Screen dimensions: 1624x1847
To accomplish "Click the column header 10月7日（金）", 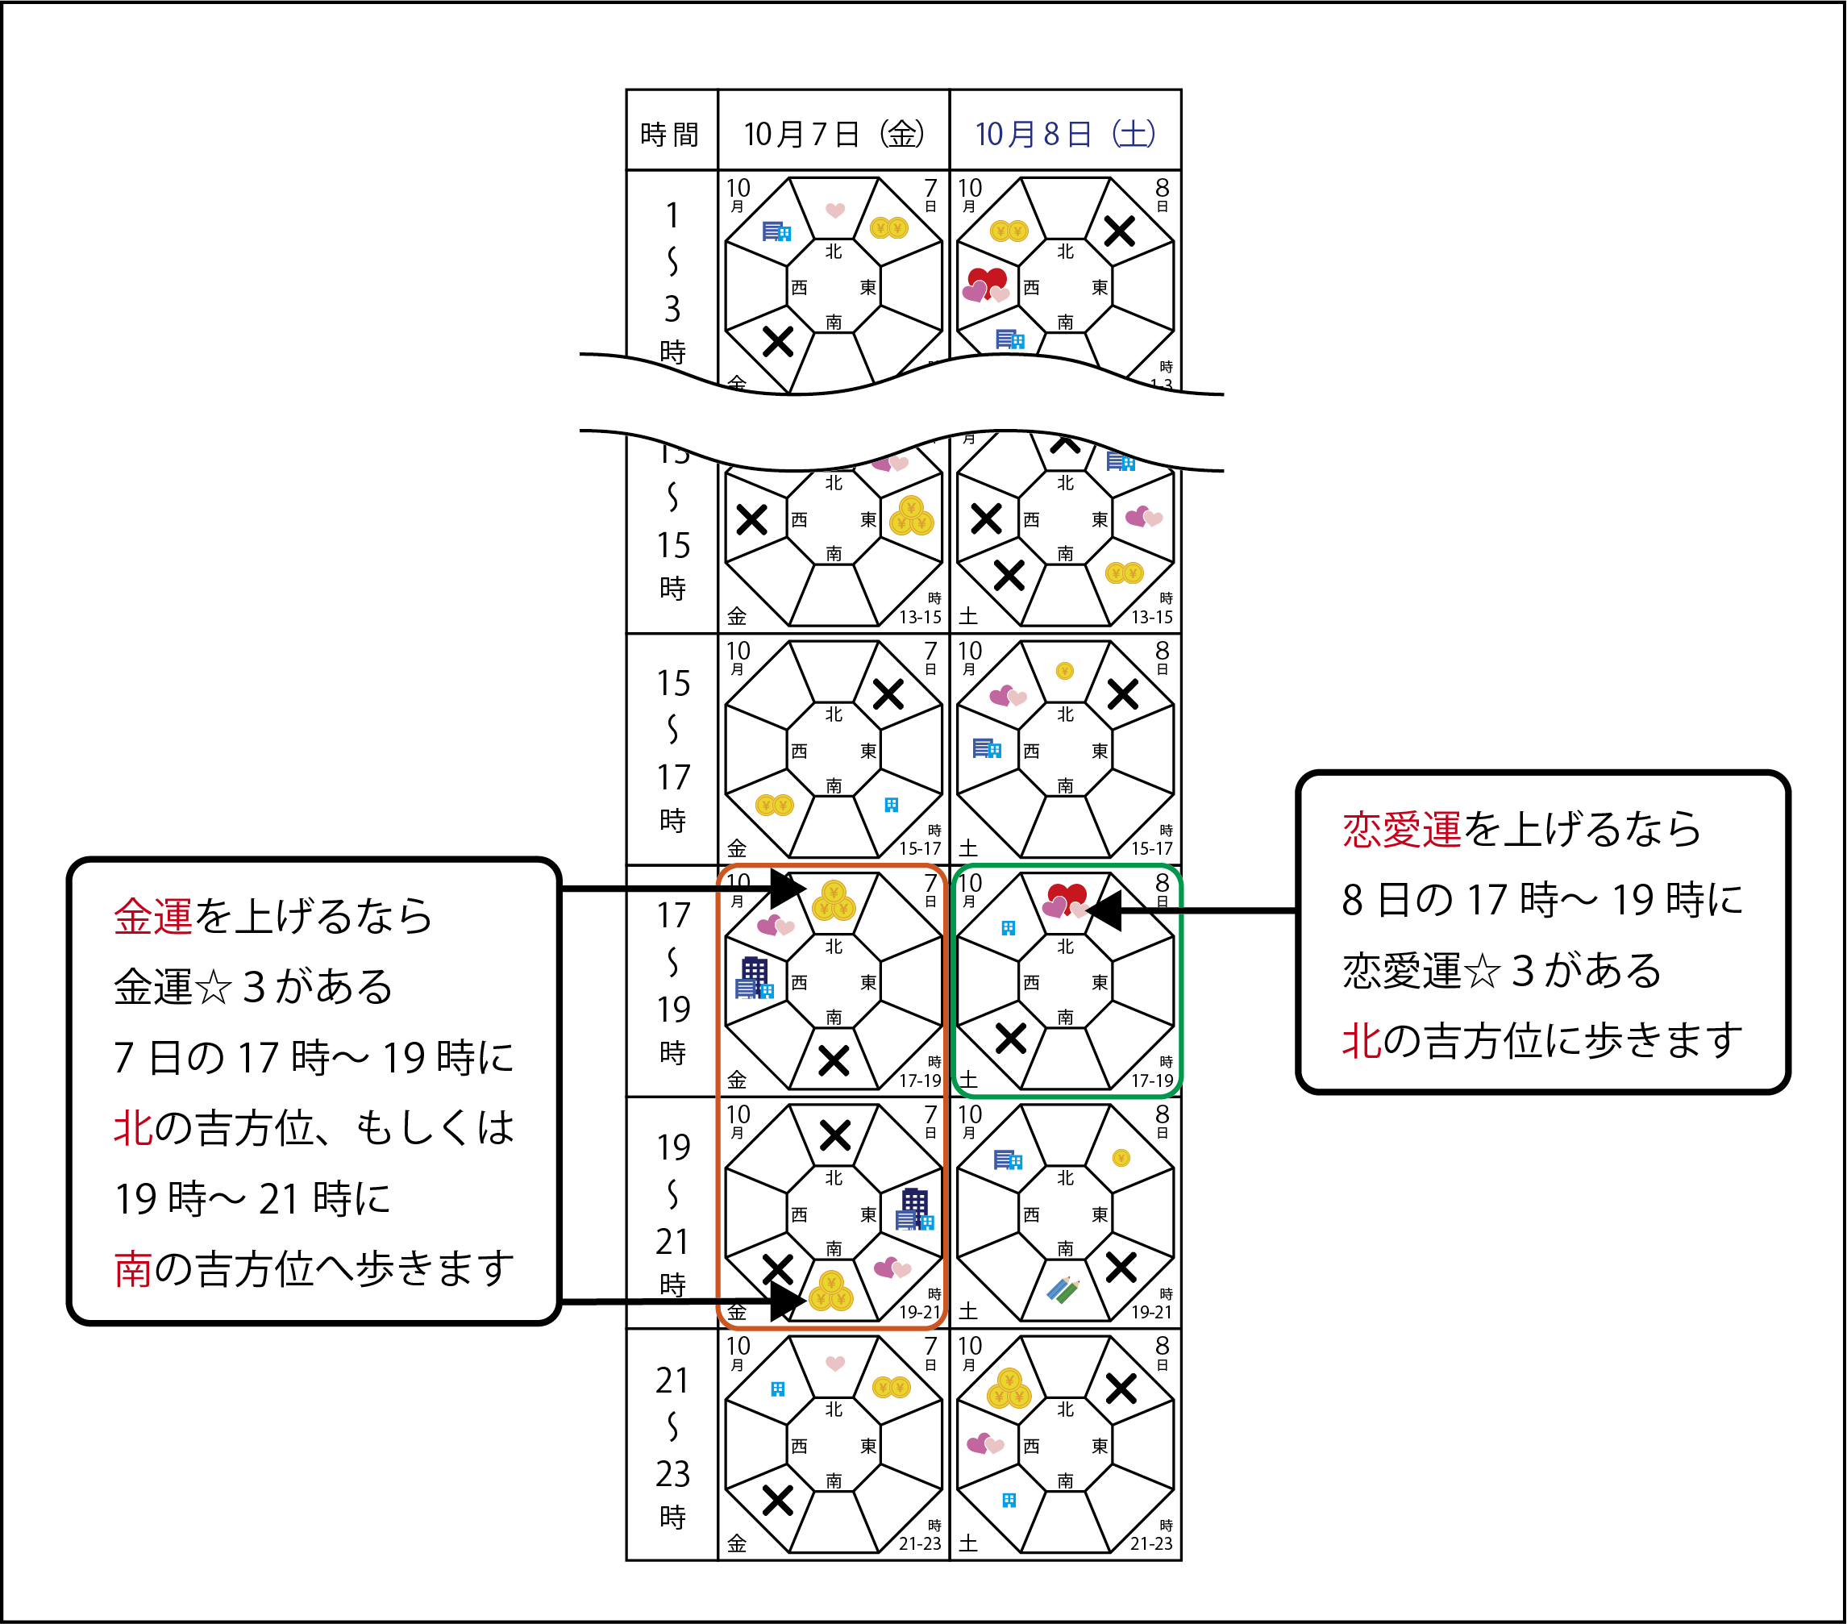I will pos(833,134).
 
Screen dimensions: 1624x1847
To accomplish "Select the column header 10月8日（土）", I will pos(1064,134).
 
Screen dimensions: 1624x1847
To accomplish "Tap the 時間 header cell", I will pos(670,135).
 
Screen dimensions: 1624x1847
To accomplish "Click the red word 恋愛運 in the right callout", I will pos(1400,830).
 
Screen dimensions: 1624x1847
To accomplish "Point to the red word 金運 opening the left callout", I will pos(152,916).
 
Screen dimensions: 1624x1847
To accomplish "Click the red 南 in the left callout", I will pos(132,1269).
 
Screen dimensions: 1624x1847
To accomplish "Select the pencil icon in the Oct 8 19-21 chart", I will pos(1063,1289).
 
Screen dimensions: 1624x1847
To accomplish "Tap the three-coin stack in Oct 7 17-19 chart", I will pos(833,901).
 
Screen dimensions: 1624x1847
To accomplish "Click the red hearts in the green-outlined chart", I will pos(1065,900).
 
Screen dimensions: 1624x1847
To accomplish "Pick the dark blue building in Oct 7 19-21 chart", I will pos(914,1210).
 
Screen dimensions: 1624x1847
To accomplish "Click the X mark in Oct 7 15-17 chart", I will pos(888,694).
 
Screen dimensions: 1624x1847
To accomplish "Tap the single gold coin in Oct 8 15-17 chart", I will pos(1064,671).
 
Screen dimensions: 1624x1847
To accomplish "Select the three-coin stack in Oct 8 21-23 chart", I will pos(1009,1389).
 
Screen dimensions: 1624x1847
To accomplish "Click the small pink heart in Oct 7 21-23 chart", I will pos(835,1363).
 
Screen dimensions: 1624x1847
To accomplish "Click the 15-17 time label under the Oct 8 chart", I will pos(1151,848).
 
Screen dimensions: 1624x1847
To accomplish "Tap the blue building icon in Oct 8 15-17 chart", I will pos(987,748).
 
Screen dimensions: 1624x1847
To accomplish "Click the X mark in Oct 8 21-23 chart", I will pos(1121,1388).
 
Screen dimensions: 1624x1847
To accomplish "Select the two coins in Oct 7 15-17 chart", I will pos(775,804).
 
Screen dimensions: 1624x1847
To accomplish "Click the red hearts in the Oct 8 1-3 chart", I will pos(986,284).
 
